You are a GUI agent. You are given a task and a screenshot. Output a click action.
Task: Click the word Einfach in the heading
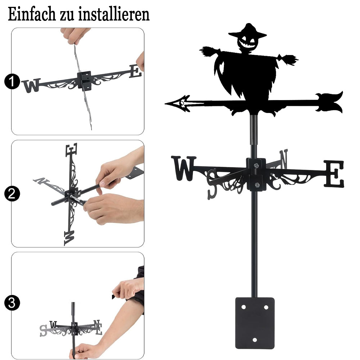point(32,14)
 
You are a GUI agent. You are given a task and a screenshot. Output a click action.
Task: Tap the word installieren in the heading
point(114,14)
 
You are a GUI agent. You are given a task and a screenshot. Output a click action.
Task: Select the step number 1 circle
point(12,81)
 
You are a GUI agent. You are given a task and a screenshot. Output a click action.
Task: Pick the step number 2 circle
point(12,194)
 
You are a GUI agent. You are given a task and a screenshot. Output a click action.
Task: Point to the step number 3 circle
point(12,303)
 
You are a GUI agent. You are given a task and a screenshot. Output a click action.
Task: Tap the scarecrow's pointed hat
point(248,31)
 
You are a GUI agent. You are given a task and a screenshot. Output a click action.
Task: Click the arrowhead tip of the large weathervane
point(165,104)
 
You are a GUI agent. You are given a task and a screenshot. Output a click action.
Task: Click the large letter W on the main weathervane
point(184,168)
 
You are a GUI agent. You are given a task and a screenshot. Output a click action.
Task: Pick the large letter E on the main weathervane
point(334,174)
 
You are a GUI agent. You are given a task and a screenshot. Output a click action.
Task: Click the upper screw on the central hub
point(256,165)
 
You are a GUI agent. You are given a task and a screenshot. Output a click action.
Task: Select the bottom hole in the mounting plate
point(255,340)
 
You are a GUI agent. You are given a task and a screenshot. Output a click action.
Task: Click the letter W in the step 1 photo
point(31,85)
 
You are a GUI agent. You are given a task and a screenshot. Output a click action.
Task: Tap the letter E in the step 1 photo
point(135,71)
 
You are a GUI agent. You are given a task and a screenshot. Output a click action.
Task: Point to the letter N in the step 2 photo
point(41,181)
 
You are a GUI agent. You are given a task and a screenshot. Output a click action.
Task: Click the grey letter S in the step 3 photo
point(43,331)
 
